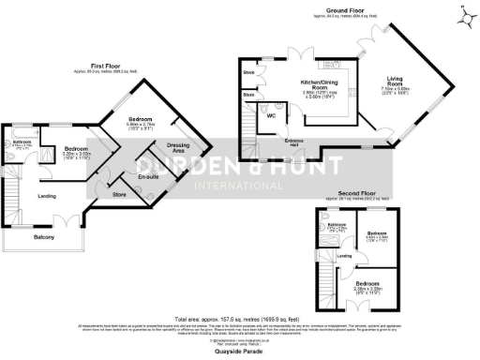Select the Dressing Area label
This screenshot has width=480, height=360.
[x=178, y=147]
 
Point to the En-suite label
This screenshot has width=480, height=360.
[x=147, y=176]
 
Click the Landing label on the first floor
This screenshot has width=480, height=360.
[x=47, y=196]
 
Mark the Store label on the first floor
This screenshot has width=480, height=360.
[x=119, y=195]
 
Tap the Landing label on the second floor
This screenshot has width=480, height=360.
[x=345, y=255]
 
